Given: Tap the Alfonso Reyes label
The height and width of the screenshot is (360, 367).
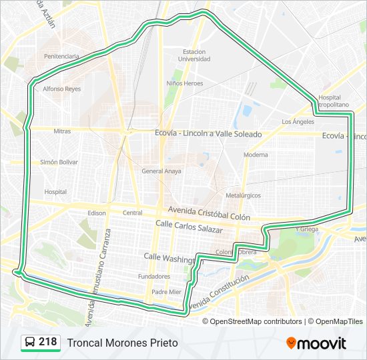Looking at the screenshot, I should (x=61, y=88).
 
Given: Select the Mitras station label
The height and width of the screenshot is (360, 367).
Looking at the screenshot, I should (x=62, y=131).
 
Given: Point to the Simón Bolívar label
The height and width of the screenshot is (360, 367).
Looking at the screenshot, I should (x=59, y=162).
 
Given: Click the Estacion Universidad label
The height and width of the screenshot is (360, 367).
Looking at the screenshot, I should (x=194, y=55).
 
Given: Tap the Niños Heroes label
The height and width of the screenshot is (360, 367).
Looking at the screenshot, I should (x=185, y=83).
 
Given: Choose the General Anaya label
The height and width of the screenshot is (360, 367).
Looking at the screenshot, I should (x=161, y=171).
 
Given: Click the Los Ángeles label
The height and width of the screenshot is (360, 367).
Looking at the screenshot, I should (x=298, y=122).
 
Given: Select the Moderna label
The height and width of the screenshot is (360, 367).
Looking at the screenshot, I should (x=256, y=155).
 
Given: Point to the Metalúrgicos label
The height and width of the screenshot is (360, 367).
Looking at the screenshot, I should (x=243, y=195).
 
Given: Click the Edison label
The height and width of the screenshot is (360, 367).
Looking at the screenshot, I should (x=97, y=213).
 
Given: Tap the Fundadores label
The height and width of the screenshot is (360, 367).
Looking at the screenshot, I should (x=154, y=276).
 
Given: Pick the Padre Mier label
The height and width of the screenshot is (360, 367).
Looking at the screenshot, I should (x=166, y=292).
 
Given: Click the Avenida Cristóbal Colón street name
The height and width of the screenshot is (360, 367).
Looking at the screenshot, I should (x=209, y=213).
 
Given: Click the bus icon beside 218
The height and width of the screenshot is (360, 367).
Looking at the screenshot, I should (x=30, y=343).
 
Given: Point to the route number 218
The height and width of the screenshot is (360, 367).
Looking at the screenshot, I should (x=48, y=342).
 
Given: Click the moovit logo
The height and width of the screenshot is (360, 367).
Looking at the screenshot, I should (x=316, y=343).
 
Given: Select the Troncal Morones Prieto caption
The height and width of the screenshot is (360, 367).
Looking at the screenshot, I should (x=122, y=343).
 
